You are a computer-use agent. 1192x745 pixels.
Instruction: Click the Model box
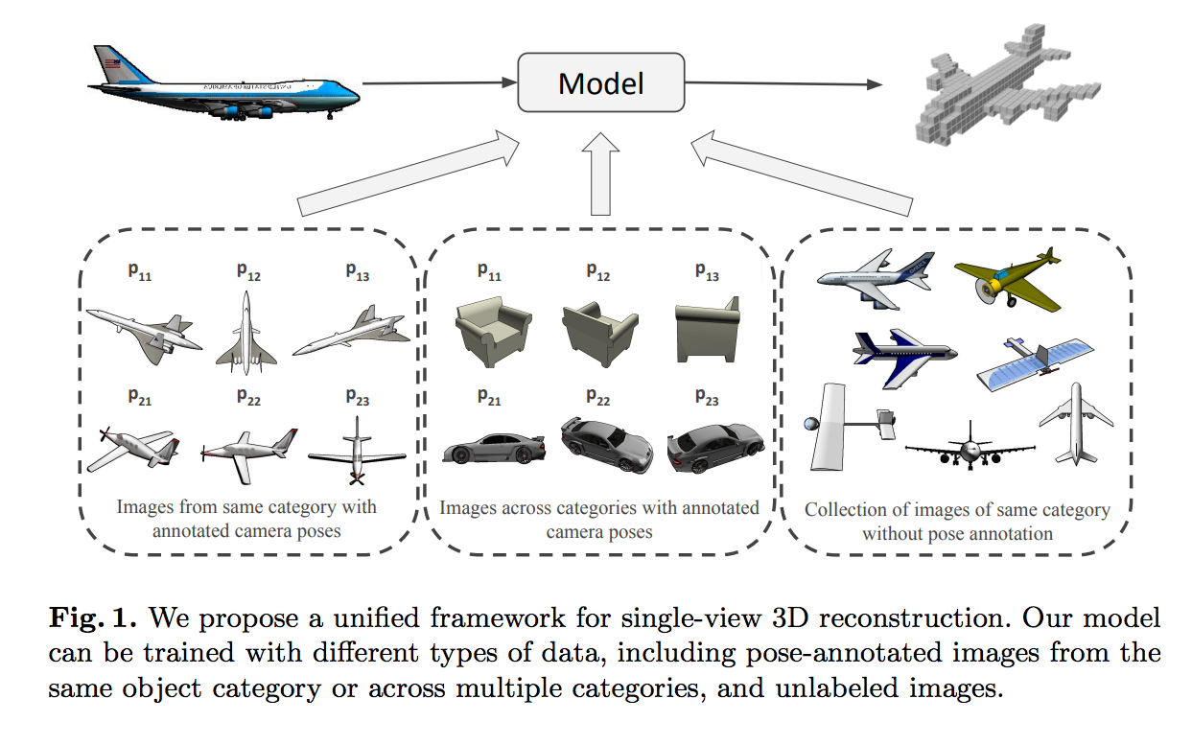(601, 83)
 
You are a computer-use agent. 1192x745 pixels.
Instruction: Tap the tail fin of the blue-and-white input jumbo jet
(111, 66)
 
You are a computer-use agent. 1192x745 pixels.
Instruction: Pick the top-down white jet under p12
(246, 335)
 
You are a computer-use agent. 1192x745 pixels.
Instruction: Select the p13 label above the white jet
(357, 272)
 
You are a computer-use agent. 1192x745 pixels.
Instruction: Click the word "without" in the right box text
(891, 533)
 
